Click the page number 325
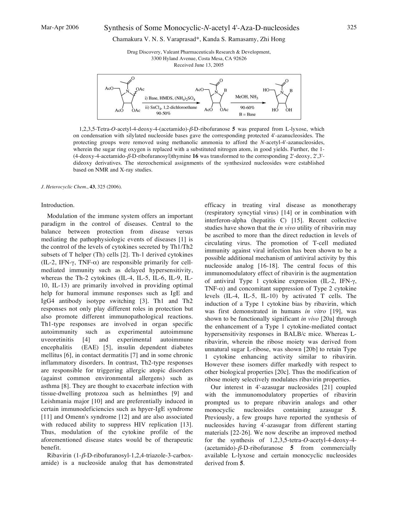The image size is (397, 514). (352, 27)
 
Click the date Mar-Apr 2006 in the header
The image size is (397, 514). (60, 27)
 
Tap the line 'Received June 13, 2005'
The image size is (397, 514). (199, 65)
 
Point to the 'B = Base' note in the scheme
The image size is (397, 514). (247, 114)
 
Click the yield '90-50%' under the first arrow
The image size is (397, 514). (163, 113)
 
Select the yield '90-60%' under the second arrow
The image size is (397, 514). (247, 108)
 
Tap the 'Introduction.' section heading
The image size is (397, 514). (58, 205)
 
